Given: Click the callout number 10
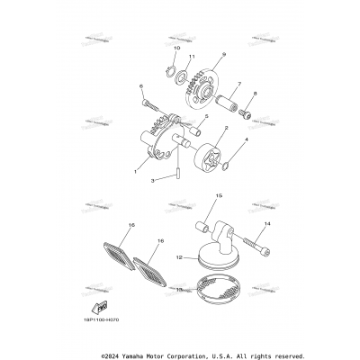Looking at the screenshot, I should pos(176,46).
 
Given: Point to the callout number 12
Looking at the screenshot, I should pos(179,258).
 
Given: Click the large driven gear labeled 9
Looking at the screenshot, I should pos(213,87).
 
